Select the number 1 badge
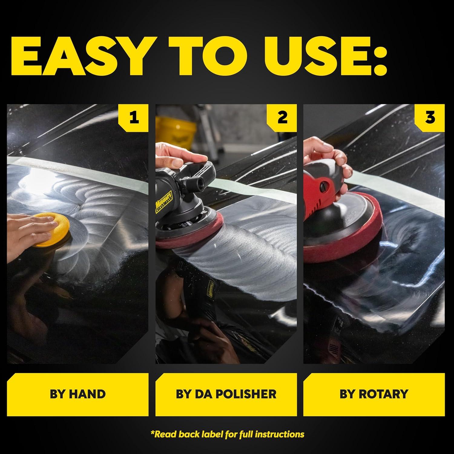(134, 117)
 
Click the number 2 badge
(282, 117)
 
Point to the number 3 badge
(430, 117)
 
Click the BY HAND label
(77, 394)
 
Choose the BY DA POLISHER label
(226, 394)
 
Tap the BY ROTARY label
(374, 394)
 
